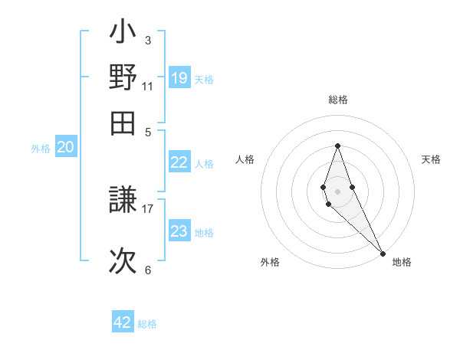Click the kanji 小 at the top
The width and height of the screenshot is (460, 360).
[x=123, y=34]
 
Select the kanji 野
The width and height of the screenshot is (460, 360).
[x=123, y=78]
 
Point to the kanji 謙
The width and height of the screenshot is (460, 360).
[x=123, y=202]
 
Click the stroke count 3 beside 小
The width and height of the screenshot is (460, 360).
[x=147, y=40]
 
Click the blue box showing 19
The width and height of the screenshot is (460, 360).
[x=179, y=77]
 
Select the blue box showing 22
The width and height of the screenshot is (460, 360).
[x=179, y=162]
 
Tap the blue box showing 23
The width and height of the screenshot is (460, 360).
[x=179, y=231]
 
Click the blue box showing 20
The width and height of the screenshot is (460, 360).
[x=65, y=148]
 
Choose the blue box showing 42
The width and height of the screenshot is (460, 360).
[x=123, y=322]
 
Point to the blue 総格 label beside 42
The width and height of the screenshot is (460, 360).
[x=147, y=324]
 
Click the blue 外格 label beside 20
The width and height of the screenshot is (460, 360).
[x=41, y=149]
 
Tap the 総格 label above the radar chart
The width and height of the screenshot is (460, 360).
[x=337, y=100]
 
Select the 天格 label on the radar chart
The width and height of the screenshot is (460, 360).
[x=431, y=159]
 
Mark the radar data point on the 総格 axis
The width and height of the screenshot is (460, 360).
[x=337, y=146]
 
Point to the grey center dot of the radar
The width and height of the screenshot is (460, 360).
[x=337, y=191]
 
